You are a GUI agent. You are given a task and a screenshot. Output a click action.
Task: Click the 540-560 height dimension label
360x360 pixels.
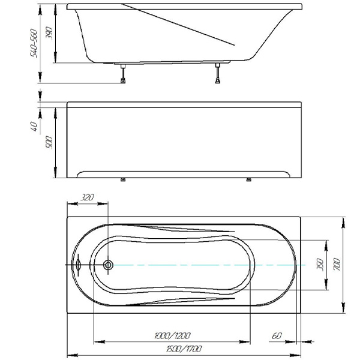click(34, 43)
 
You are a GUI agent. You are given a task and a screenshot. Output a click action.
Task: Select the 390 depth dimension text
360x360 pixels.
click(49, 33)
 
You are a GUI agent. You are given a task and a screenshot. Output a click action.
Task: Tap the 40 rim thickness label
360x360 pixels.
click(34, 127)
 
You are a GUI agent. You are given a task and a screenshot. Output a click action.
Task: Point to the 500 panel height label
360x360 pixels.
click(49, 142)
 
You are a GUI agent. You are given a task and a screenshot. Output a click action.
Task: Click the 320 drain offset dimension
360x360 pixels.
click(88, 197)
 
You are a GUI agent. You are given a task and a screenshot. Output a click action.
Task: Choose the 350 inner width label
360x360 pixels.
click(320, 265)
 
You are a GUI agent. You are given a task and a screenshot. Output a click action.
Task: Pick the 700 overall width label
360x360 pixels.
click(337, 264)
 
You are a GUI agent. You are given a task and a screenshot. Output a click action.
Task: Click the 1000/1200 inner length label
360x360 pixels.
click(172, 335)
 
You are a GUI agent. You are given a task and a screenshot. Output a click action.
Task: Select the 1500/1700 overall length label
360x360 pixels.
click(184, 349)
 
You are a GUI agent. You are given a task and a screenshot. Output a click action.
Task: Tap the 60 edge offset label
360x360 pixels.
click(277, 335)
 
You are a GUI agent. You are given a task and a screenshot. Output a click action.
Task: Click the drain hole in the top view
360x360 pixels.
click(108, 265)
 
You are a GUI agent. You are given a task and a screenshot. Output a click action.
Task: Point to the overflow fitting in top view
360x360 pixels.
click(78, 265)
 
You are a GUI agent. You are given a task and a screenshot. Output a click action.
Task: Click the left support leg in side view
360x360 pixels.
click(123, 74)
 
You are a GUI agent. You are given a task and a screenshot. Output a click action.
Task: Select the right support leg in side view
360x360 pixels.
click(218, 73)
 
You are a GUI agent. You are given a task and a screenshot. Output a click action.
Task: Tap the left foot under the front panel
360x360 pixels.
click(123, 179)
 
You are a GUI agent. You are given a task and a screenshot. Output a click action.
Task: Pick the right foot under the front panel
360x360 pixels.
click(248, 179)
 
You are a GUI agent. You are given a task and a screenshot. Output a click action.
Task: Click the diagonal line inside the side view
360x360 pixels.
click(178, 25)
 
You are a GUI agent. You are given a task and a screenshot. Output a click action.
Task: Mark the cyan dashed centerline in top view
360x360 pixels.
click(209, 265)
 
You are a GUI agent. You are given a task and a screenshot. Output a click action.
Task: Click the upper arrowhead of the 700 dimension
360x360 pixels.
click(343, 223)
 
